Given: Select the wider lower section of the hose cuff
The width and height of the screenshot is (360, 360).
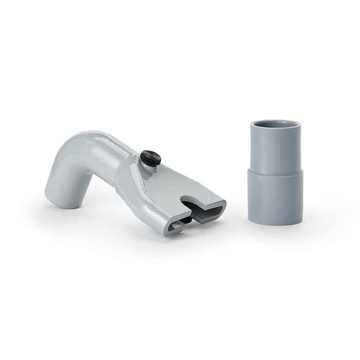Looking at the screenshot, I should point(275,195).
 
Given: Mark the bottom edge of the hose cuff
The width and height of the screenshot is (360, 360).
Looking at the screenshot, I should point(275,223).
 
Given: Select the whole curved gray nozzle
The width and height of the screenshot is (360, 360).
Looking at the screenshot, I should point(129,180).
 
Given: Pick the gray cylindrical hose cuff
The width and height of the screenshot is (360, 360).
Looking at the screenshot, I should point(275,172).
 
